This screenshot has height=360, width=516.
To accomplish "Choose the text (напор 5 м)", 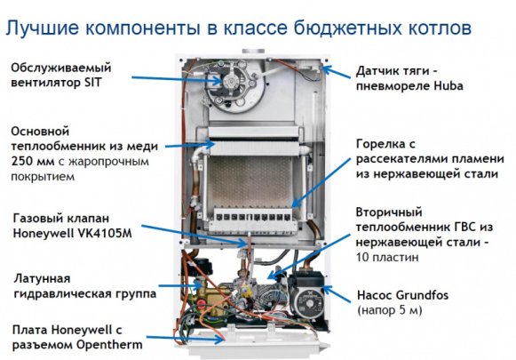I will pos(392,311).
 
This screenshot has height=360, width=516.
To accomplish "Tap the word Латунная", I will pos(43,277).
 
